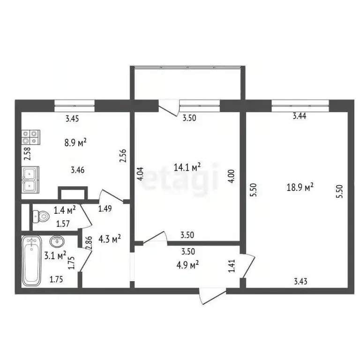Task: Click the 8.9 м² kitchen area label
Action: point(75,142)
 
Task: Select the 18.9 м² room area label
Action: point(300,187)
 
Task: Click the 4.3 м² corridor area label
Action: point(110,239)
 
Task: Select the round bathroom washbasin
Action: point(57,242)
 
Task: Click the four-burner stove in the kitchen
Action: point(30,137)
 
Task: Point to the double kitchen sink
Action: point(31,180)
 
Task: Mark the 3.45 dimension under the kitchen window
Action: point(72,119)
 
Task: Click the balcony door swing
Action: point(169,107)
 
